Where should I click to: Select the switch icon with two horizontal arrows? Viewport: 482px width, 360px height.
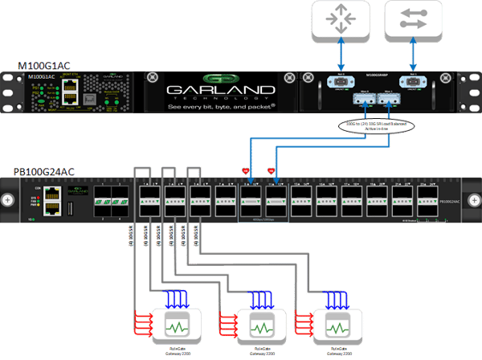[x=412, y=21]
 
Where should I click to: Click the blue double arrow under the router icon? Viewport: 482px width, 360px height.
[x=341, y=57]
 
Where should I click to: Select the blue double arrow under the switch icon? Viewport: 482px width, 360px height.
[x=412, y=57]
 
